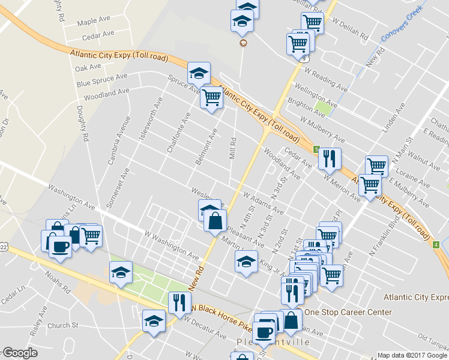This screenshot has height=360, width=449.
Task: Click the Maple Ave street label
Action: pos(94,22)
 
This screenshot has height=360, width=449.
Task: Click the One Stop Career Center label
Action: pos(348,312)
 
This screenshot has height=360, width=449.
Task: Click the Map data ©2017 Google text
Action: pos(412,355)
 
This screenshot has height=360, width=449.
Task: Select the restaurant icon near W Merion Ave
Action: pos(330,159)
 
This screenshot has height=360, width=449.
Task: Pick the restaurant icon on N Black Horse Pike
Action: pos(179,303)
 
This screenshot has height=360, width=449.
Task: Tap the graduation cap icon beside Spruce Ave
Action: pos(199,74)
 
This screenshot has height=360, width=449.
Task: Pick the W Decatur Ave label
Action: pos(205,328)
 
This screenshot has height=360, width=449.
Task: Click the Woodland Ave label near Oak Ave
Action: pos(107,94)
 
